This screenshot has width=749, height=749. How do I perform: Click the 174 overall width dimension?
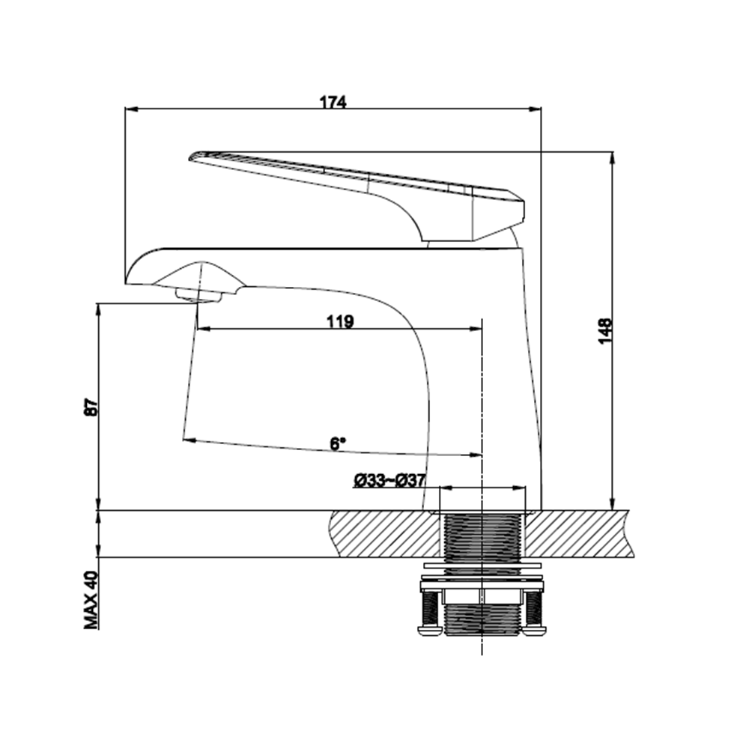click(333, 102)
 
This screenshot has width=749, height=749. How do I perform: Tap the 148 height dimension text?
click(604, 330)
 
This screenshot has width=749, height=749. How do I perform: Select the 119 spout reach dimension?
click(340, 321)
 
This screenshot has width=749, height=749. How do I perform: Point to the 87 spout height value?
click(91, 407)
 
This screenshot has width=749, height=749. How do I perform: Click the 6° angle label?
click(338, 443)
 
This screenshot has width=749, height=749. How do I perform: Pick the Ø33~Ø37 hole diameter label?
click(389, 480)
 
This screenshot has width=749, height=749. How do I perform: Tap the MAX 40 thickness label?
click(91, 600)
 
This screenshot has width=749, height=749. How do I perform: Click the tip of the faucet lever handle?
click(190, 157)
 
